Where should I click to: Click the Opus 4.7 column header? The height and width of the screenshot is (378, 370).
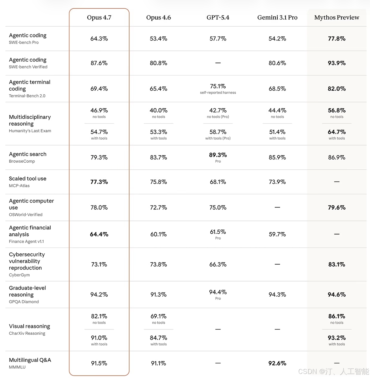click(x=99, y=18)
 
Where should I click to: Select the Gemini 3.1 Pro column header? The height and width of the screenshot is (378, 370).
click(x=277, y=18)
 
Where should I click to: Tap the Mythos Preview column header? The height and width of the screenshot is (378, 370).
click(x=337, y=18)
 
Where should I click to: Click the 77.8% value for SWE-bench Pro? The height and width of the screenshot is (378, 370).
click(x=337, y=39)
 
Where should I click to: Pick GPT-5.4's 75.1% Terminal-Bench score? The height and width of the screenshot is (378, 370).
click(x=218, y=86)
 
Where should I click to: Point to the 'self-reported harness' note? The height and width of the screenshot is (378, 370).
click(x=218, y=93)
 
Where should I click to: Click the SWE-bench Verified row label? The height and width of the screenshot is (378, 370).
click(x=28, y=67)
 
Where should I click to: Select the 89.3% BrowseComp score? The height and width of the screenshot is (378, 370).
click(x=218, y=155)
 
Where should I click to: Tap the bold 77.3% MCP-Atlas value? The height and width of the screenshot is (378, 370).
click(x=99, y=182)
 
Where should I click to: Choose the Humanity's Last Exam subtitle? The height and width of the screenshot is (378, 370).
click(x=30, y=131)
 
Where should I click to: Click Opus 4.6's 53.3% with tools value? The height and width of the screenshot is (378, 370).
click(x=158, y=132)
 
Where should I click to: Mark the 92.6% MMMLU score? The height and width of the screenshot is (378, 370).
click(x=277, y=363)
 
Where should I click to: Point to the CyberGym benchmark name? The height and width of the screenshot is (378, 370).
click(x=19, y=275)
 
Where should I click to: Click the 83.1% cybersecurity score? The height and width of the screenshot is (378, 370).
click(x=337, y=264)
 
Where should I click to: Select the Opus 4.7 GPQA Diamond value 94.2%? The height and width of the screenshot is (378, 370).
click(x=99, y=295)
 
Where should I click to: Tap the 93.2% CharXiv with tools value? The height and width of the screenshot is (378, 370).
click(x=337, y=338)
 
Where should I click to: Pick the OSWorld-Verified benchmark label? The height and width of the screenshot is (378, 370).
click(x=26, y=215)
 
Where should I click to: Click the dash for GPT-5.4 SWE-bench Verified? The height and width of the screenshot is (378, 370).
click(x=218, y=63)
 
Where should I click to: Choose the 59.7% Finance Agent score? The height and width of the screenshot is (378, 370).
click(x=277, y=234)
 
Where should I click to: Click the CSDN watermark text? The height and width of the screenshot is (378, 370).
click(x=333, y=371)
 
